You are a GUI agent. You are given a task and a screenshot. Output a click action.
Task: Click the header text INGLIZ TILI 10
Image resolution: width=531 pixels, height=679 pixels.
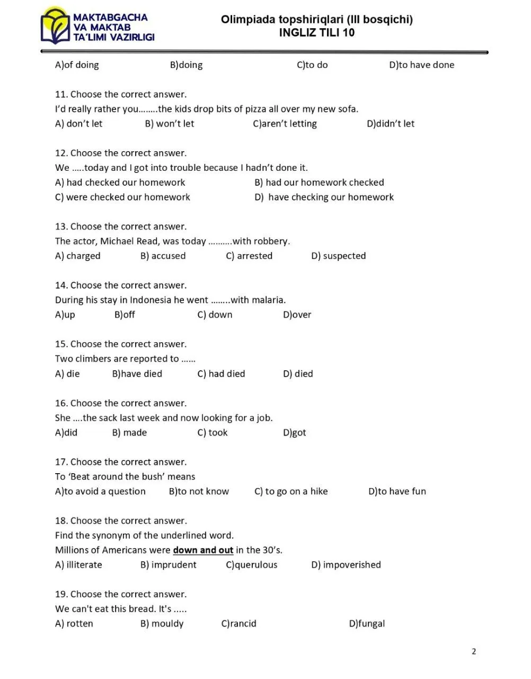316,33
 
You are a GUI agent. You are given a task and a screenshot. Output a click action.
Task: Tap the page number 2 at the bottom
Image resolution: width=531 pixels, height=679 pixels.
474,651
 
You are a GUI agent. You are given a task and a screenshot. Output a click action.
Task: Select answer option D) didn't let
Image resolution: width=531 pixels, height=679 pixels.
391,124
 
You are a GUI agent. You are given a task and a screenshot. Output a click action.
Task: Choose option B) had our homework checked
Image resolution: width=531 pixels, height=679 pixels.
319,182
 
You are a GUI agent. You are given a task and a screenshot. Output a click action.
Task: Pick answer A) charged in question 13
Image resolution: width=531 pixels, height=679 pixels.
77,256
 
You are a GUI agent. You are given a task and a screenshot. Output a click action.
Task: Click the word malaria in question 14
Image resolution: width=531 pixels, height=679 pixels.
268,300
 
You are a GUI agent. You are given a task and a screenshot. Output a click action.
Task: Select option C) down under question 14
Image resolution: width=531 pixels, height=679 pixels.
215,315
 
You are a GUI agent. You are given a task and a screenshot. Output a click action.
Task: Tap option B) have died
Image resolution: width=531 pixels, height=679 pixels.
137,373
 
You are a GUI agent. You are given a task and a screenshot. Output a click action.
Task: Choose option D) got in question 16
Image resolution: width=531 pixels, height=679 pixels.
295,432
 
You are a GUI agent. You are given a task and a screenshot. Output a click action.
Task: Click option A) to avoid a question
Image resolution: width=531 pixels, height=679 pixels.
100,491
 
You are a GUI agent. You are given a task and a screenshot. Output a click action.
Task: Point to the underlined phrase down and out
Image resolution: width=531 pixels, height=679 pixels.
203,550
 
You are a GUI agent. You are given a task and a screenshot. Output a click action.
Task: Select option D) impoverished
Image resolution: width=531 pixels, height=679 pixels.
346,565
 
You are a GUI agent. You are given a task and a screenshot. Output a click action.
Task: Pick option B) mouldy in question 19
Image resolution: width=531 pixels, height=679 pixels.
162,624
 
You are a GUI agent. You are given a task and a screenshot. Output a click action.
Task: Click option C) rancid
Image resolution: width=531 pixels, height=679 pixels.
238,624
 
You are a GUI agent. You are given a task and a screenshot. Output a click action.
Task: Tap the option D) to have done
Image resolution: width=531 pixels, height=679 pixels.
421,65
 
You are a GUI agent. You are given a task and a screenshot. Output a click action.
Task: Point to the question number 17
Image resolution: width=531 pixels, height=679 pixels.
61,462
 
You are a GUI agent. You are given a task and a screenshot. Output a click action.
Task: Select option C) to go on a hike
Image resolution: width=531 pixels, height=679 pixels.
291,491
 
